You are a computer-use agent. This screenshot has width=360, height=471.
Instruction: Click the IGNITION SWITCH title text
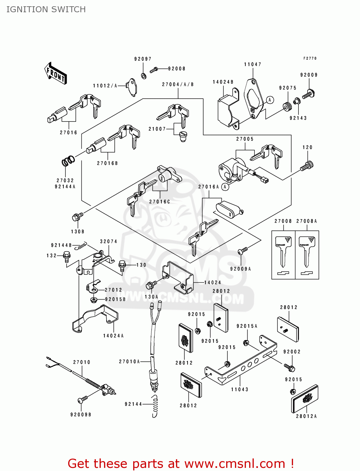click(46, 9)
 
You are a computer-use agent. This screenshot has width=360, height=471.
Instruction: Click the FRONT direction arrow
click(55, 73)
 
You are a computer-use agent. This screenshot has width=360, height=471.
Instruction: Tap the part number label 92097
click(143, 59)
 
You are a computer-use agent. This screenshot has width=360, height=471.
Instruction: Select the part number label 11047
click(253, 64)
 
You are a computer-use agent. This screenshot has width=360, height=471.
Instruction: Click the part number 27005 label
click(245, 139)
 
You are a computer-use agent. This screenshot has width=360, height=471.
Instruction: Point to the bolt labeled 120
click(307, 165)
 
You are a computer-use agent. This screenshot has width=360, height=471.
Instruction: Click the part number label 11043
click(240, 389)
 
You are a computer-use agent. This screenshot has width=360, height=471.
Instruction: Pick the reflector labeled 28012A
click(304, 398)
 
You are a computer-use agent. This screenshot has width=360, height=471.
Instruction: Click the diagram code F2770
click(310, 58)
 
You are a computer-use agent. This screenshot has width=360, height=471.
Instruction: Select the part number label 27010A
click(129, 362)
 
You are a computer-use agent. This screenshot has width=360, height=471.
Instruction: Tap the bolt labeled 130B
click(77, 217)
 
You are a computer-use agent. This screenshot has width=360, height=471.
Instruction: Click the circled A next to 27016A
click(225, 187)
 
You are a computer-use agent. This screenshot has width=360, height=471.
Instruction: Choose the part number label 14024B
click(223, 82)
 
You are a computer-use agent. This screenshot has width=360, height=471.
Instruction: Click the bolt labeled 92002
click(289, 367)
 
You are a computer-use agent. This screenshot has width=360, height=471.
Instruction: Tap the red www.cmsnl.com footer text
click(181, 463)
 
